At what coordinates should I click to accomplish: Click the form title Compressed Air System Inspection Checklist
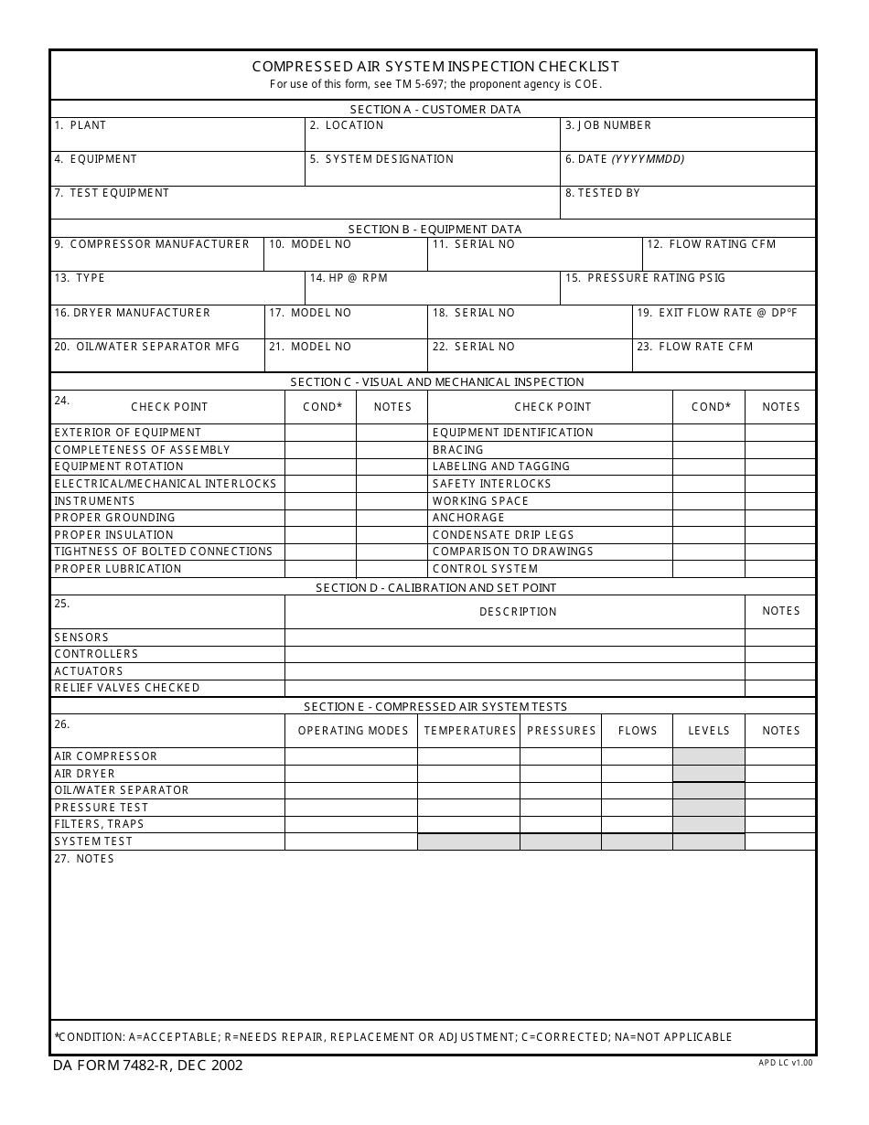pyautogui.click(x=435, y=67)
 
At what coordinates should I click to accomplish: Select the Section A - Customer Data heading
pyautogui.click(x=435, y=110)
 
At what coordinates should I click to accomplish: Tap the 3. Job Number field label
pyautogui.click(x=608, y=125)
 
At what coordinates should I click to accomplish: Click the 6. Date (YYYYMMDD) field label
pyautogui.click(x=625, y=159)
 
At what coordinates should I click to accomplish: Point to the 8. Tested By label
pyautogui.click(x=603, y=193)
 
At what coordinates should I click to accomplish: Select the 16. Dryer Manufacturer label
pyautogui.click(x=133, y=313)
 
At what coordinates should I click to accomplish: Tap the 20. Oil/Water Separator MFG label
pyautogui.click(x=147, y=347)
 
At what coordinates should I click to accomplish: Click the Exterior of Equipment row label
pyautogui.click(x=128, y=433)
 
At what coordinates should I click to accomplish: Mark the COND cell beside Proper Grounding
pyautogui.click(x=320, y=518)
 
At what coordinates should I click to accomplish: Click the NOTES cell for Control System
pyautogui.click(x=780, y=569)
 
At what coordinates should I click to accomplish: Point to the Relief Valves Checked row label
pyautogui.click(x=127, y=688)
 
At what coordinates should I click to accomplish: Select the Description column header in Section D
pyautogui.click(x=518, y=612)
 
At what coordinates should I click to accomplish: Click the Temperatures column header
pyautogui.click(x=470, y=731)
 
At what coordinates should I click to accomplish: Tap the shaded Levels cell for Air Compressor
pyautogui.click(x=709, y=756)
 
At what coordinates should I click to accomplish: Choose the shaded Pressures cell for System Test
pyautogui.click(x=561, y=841)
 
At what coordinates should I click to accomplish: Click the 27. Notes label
pyautogui.click(x=84, y=859)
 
